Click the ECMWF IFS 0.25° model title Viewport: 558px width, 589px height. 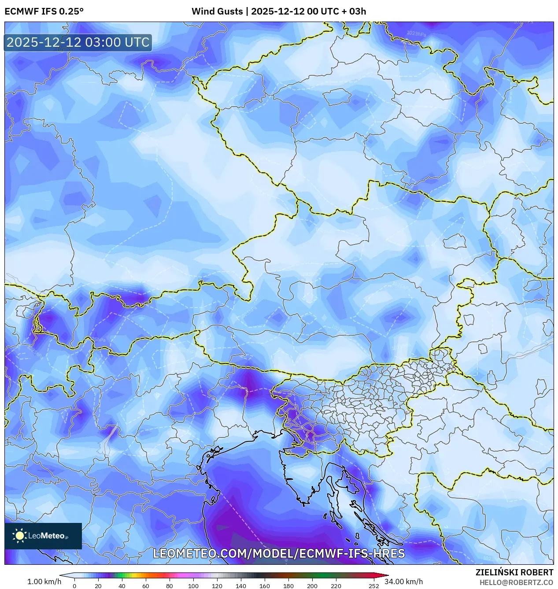44,11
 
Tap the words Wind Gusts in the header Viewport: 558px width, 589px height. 217,11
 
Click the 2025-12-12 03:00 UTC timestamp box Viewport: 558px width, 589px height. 78,43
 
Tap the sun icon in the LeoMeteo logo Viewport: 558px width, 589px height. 19,536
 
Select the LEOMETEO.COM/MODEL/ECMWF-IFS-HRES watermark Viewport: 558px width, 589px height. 279,554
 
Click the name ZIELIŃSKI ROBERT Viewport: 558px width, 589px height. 514,572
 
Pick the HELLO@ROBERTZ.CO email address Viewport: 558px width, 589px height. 516,582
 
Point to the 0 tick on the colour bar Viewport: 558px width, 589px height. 74,585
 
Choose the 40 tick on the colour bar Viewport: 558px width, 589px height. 122,585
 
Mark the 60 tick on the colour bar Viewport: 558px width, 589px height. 146,585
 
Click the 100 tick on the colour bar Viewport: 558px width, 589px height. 193,585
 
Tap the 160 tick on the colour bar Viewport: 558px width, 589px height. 265,585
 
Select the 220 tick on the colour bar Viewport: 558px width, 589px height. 336,585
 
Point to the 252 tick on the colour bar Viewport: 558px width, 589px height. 374,585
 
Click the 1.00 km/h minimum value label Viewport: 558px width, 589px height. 44,582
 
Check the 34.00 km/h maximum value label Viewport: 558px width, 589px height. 403,582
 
